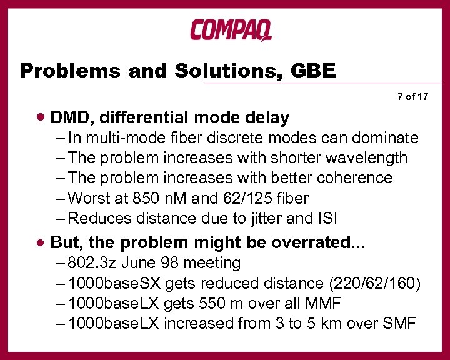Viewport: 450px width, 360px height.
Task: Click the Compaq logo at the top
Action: [231, 30]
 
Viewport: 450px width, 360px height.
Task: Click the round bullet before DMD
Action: [41, 117]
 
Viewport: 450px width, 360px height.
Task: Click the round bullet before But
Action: [41, 242]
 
